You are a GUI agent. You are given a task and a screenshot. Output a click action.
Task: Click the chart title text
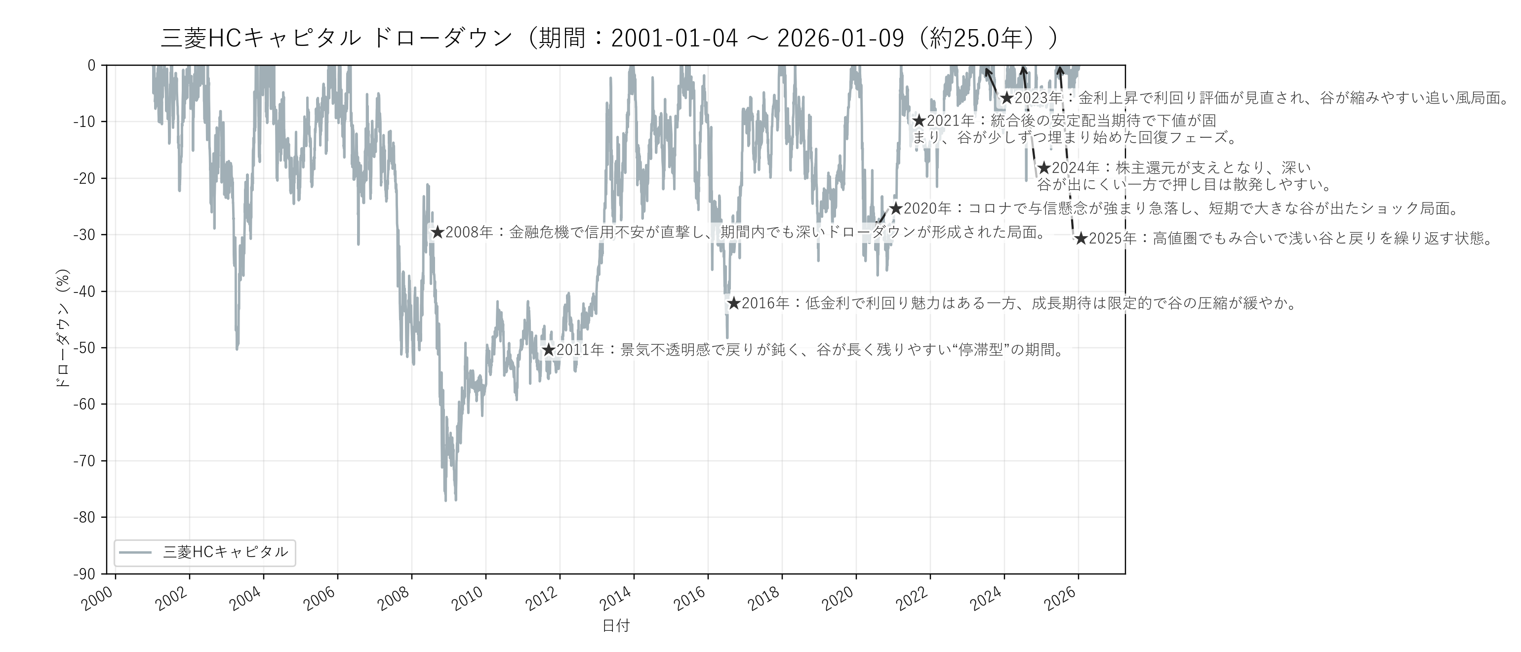[x=609, y=39]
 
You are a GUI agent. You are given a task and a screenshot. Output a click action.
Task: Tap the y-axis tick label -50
[x=84, y=348]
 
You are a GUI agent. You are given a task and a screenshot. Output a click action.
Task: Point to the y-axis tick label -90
[x=84, y=574]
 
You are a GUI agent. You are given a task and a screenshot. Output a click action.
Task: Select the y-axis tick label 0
[x=91, y=66]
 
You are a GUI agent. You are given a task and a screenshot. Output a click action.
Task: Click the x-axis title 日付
[x=616, y=626]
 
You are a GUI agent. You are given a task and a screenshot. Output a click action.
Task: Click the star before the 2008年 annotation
[x=437, y=233]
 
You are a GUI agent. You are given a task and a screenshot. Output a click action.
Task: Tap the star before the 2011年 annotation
[x=549, y=350]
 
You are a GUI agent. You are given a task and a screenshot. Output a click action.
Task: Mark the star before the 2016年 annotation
[x=733, y=304]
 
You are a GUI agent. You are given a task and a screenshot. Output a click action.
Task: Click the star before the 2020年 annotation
[x=896, y=208]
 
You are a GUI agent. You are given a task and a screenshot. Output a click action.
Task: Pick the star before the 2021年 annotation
[x=919, y=121]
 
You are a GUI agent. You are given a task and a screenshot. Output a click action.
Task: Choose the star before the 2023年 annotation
[x=1007, y=98]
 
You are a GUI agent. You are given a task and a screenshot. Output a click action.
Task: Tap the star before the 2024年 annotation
[x=1044, y=168]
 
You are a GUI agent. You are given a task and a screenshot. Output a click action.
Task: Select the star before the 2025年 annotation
[x=1081, y=239]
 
